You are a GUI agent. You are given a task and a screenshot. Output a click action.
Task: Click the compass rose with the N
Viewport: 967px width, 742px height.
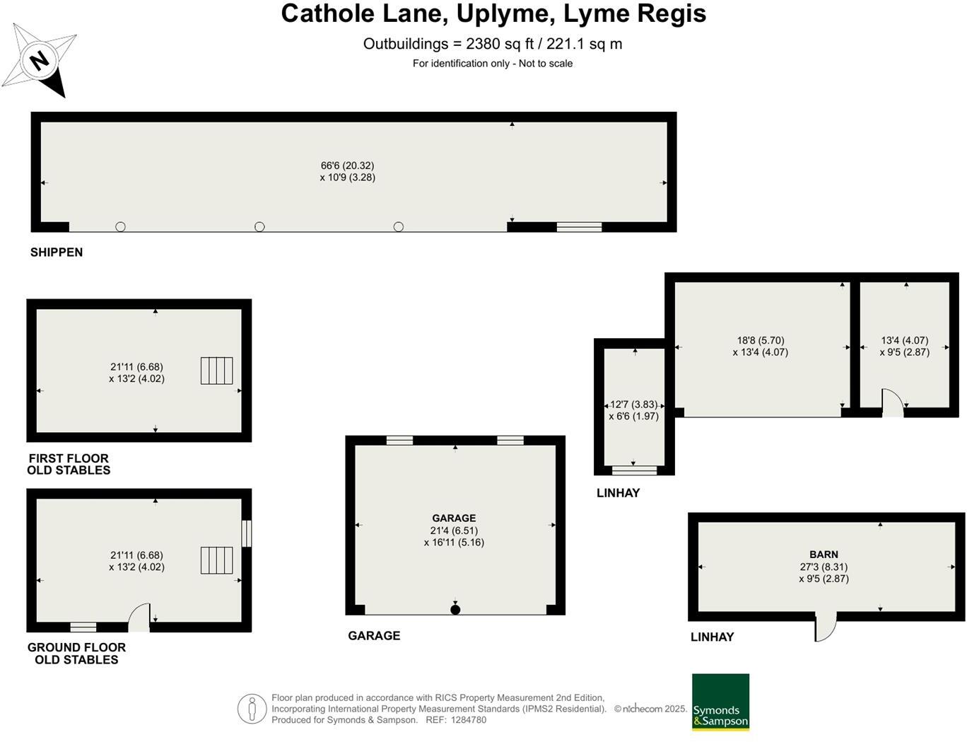pyautogui.click(x=40, y=60)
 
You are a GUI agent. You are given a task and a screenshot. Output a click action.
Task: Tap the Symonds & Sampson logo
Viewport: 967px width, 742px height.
pyautogui.click(x=720, y=702)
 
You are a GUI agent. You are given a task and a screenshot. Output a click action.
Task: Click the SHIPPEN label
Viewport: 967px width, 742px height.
pyautogui.click(x=57, y=253)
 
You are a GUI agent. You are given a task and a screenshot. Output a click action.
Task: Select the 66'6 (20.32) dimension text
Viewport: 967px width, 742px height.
pyautogui.click(x=347, y=166)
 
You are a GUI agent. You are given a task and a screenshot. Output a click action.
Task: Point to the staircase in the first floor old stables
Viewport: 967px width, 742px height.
pyautogui.click(x=216, y=371)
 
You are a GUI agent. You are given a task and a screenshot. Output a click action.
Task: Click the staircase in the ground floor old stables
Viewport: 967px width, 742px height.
pyautogui.click(x=216, y=560)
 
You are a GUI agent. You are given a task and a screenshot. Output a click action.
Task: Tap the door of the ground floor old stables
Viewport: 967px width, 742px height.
pyautogui.click(x=140, y=618)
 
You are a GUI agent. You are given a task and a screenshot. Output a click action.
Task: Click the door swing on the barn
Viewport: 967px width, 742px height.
pyautogui.click(x=826, y=627)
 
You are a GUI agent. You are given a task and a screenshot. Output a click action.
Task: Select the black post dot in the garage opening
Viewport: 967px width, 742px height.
pyautogui.click(x=455, y=610)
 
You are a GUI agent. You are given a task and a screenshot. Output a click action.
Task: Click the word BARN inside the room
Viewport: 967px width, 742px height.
pyautogui.click(x=824, y=555)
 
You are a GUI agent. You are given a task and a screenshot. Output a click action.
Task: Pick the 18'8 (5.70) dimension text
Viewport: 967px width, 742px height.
pyautogui.click(x=761, y=340)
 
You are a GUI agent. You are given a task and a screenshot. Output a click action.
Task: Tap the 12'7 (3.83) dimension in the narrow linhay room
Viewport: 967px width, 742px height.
pyautogui.click(x=633, y=405)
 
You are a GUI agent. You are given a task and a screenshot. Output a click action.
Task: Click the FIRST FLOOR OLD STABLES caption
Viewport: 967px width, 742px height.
pyautogui.click(x=69, y=464)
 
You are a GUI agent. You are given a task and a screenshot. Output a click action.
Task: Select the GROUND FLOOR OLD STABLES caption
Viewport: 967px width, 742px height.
pyautogui.click(x=76, y=654)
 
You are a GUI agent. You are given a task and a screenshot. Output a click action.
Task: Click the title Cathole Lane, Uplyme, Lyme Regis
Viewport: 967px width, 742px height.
pyautogui.click(x=493, y=14)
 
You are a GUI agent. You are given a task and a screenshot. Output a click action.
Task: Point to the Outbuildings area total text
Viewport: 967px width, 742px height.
pyautogui.click(x=493, y=44)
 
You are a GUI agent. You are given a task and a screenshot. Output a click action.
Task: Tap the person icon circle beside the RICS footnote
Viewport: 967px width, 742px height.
pyautogui.click(x=252, y=709)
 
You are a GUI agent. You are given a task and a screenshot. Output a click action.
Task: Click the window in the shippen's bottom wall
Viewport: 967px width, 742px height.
pyautogui.click(x=579, y=227)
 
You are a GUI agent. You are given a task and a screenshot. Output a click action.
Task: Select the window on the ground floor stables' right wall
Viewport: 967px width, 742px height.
pyautogui.click(x=246, y=533)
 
